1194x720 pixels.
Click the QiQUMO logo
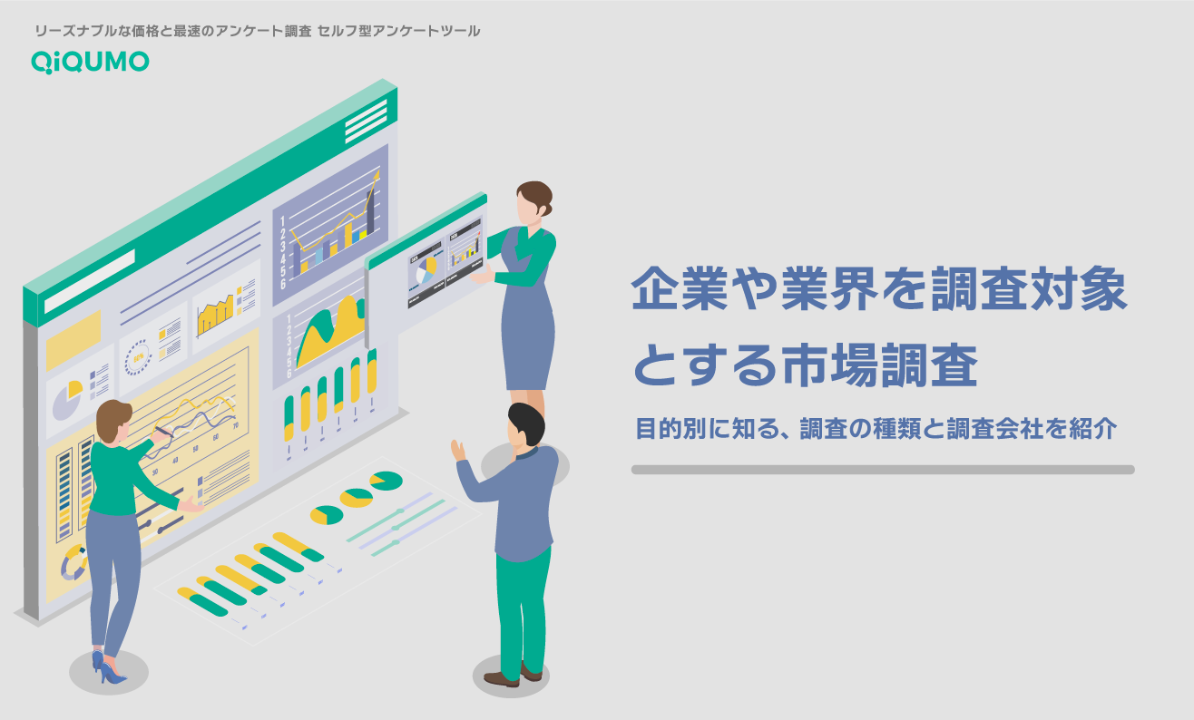[90, 61]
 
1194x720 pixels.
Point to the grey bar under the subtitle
[882, 470]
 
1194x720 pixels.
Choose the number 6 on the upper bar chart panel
[283, 284]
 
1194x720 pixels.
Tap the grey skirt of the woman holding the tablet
[527, 344]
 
